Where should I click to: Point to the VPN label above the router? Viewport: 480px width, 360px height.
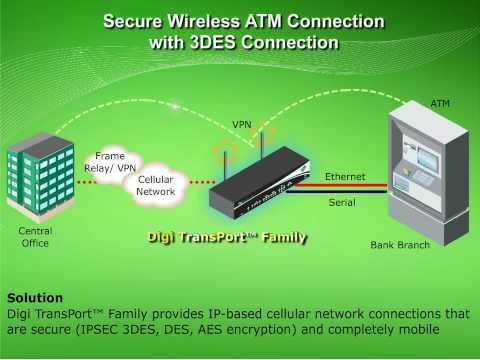click(x=242, y=125)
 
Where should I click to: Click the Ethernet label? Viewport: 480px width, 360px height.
click(x=344, y=176)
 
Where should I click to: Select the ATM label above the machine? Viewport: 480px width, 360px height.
click(x=440, y=103)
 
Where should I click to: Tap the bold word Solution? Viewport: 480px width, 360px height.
click(x=35, y=297)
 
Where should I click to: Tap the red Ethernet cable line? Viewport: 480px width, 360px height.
click(x=340, y=185)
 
